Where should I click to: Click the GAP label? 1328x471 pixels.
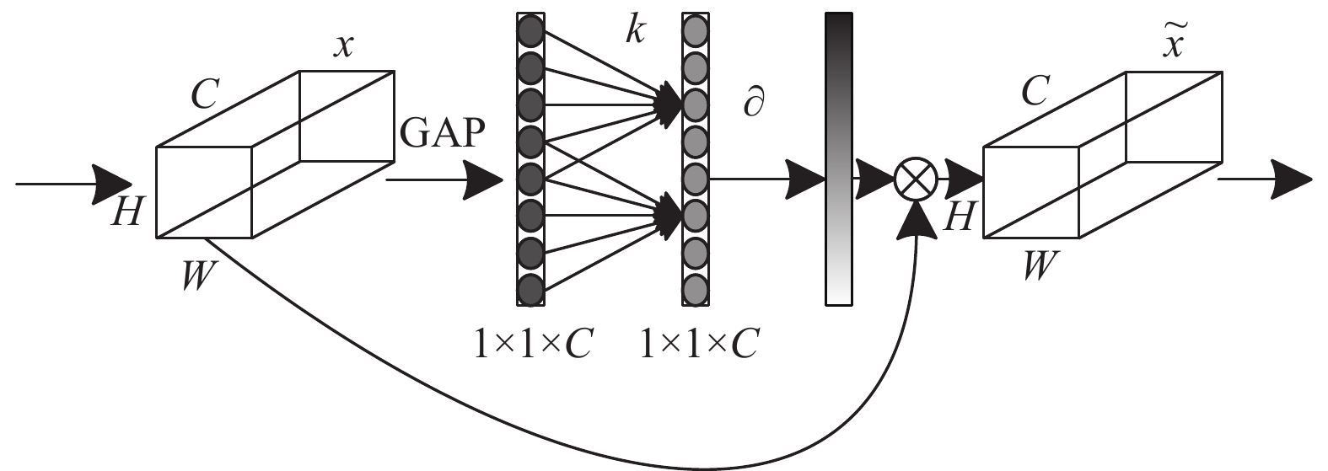pyautogui.click(x=443, y=132)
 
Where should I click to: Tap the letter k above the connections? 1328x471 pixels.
pyautogui.click(x=635, y=29)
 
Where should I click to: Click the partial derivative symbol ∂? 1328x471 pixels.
pyautogui.click(x=754, y=104)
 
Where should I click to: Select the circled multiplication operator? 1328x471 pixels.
pyautogui.click(x=916, y=179)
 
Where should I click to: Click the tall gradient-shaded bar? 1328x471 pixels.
pyautogui.click(x=839, y=158)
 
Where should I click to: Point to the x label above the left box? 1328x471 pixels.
pyautogui.click(x=343, y=45)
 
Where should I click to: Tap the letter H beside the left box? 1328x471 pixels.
pyautogui.click(x=126, y=211)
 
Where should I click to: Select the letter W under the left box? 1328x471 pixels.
pyautogui.click(x=199, y=275)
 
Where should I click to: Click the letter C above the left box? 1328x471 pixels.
pyautogui.click(x=205, y=94)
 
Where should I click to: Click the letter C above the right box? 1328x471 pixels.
pyautogui.click(x=1035, y=91)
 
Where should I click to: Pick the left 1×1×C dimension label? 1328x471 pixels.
pyautogui.click(x=533, y=343)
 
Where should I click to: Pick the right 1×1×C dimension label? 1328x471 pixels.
pyautogui.click(x=699, y=343)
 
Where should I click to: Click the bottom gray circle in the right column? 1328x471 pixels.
pyautogui.click(x=696, y=290)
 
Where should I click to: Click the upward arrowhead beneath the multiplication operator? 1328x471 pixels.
pyautogui.click(x=917, y=219)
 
